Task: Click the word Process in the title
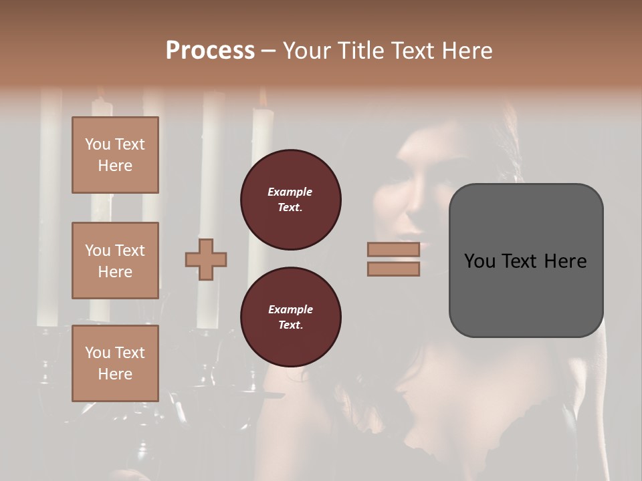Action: tap(210, 51)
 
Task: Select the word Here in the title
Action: tap(465, 51)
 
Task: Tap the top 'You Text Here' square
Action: tap(115, 155)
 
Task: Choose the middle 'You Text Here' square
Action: tap(115, 261)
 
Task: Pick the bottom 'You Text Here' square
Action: tap(115, 363)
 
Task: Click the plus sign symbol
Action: tap(206, 260)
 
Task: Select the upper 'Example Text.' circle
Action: tap(290, 200)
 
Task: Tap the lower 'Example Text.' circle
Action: tap(290, 317)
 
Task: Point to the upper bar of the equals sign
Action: tap(394, 249)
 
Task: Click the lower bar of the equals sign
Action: tap(394, 269)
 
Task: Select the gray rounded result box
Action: tap(526, 260)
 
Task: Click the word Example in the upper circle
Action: tap(290, 192)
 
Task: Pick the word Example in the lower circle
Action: tap(290, 309)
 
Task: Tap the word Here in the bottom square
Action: tap(115, 374)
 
